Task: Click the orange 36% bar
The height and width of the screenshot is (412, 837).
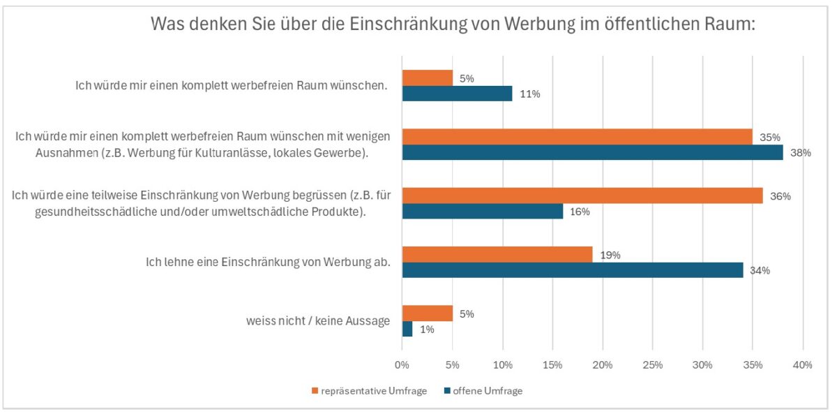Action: click(582, 196)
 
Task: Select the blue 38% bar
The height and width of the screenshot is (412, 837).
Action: click(592, 152)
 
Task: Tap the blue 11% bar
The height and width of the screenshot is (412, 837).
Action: click(457, 94)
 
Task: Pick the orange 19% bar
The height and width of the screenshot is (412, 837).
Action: click(497, 255)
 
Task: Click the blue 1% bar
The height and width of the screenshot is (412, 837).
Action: click(407, 329)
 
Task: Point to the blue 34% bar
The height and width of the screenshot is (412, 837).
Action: click(573, 270)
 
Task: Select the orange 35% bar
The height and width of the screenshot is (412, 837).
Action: click(578, 137)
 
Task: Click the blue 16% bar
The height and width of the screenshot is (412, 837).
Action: click(483, 212)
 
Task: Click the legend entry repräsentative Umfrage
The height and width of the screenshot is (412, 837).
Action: click(373, 391)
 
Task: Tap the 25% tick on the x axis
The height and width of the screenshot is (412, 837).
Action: click(653, 365)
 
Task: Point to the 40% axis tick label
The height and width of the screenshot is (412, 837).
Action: click(803, 365)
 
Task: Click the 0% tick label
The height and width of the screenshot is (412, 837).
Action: click(402, 365)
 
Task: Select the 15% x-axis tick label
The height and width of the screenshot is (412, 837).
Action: click(552, 365)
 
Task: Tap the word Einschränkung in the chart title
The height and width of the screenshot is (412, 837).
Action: click(420, 24)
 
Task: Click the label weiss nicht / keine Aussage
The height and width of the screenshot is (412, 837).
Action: click(317, 321)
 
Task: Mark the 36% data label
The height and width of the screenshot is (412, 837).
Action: click(780, 196)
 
